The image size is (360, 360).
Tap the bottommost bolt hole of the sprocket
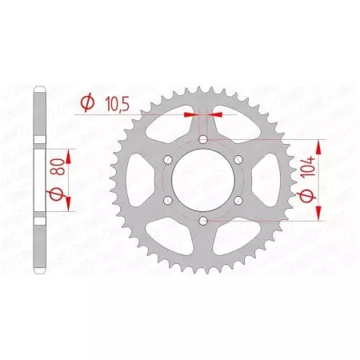203,219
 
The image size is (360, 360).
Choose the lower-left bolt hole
169,199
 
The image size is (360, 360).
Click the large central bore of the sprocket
203,180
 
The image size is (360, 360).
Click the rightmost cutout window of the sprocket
263,179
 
